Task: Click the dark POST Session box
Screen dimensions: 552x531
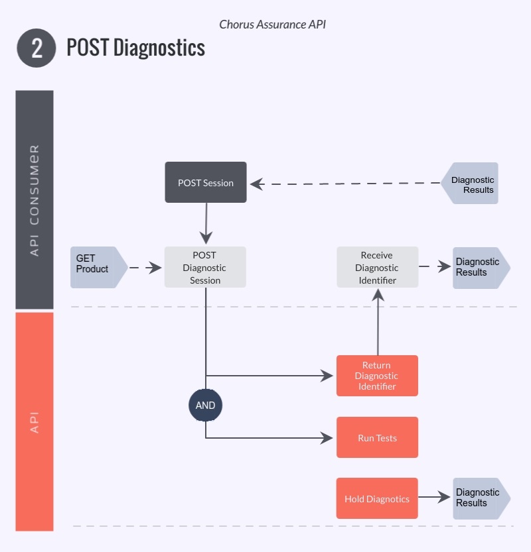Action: (206, 182)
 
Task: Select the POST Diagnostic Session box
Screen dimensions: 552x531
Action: (205, 267)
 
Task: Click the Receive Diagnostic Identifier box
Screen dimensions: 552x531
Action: (377, 267)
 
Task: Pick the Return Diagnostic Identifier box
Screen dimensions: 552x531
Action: (377, 376)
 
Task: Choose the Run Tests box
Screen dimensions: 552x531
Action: (377, 437)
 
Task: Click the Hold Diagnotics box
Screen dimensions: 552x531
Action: (377, 498)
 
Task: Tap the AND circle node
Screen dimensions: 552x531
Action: (205, 405)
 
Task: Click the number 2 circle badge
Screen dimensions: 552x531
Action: (37, 48)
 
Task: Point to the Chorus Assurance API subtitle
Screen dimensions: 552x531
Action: (272, 25)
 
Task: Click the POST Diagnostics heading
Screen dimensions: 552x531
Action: (135, 48)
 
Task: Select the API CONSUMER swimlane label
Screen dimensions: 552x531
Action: (35, 199)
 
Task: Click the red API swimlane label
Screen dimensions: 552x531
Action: (35, 421)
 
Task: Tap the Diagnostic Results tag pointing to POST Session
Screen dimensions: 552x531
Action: (471, 184)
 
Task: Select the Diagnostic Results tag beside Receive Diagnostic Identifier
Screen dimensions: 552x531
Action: (480, 267)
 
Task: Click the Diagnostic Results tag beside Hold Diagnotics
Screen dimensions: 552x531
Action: (480, 498)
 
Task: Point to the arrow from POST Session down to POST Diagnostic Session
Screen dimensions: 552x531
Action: (206, 223)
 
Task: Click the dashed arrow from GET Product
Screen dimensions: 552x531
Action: (145, 268)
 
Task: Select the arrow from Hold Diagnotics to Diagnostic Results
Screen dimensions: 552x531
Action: (435, 498)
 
